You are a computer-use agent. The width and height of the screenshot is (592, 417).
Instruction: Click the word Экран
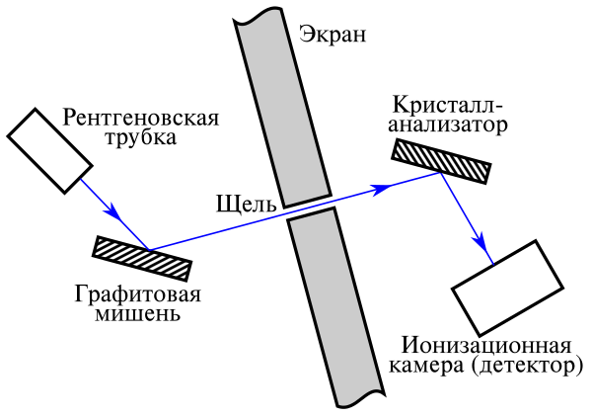tap(332, 37)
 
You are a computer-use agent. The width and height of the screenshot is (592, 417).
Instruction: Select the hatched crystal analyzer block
tap(441, 160)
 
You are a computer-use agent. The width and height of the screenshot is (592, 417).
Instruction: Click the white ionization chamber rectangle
tap(509, 287)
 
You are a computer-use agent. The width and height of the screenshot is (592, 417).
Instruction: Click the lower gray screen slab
tap(333, 306)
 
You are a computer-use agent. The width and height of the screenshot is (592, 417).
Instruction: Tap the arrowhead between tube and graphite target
tap(114, 212)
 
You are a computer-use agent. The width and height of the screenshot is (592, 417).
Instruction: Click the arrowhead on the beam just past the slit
tap(376, 188)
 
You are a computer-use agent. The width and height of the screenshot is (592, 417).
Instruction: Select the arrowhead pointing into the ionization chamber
tap(480, 244)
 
